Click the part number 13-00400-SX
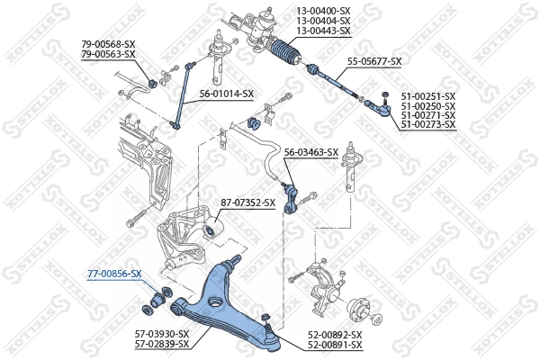click(323, 12)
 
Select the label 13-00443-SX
click(323, 31)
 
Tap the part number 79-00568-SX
click(108, 44)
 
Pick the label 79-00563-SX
click(108, 54)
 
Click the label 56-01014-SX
click(227, 93)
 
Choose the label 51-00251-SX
click(428, 95)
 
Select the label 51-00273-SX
click(428, 124)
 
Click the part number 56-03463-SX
click(311, 152)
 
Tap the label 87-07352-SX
click(247, 202)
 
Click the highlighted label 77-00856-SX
click(114, 273)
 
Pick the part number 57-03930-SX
click(162, 334)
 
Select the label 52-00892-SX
click(335, 334)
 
